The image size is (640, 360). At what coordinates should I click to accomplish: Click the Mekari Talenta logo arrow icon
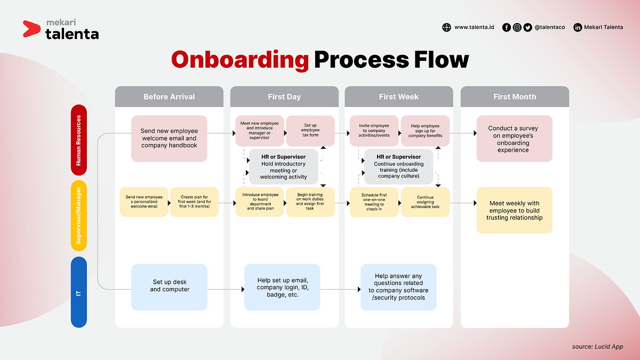point(31,29)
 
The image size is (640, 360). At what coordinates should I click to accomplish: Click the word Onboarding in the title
point(240,60)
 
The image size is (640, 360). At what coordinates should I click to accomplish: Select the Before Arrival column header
point(169,97)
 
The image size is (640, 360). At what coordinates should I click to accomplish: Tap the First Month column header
point(515,97)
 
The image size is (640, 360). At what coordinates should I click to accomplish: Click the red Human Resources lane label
point(78,140)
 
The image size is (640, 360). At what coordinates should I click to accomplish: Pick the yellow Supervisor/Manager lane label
point(78,215)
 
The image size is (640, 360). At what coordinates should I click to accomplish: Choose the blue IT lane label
point(78,292)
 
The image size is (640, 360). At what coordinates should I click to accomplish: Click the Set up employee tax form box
point(310,130)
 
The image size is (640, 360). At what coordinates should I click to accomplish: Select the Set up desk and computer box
point(169,286)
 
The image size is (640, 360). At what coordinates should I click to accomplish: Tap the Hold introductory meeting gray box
point(283,167)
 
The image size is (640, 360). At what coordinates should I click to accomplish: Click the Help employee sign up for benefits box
point(425,131)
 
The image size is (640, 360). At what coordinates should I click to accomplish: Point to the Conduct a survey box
point(514,139)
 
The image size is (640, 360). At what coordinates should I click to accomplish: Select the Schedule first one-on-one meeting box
point(374,202)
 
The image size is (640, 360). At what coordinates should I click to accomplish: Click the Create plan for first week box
point(194,202)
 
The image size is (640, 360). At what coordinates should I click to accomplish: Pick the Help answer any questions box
point(398,287)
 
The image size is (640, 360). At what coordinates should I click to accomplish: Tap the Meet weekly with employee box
point(514,210)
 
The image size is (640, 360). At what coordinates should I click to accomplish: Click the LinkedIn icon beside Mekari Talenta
point(578,27)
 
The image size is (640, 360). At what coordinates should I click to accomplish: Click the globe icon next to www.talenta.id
point(446,27)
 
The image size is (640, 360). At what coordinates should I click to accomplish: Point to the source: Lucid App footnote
point(597,347)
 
